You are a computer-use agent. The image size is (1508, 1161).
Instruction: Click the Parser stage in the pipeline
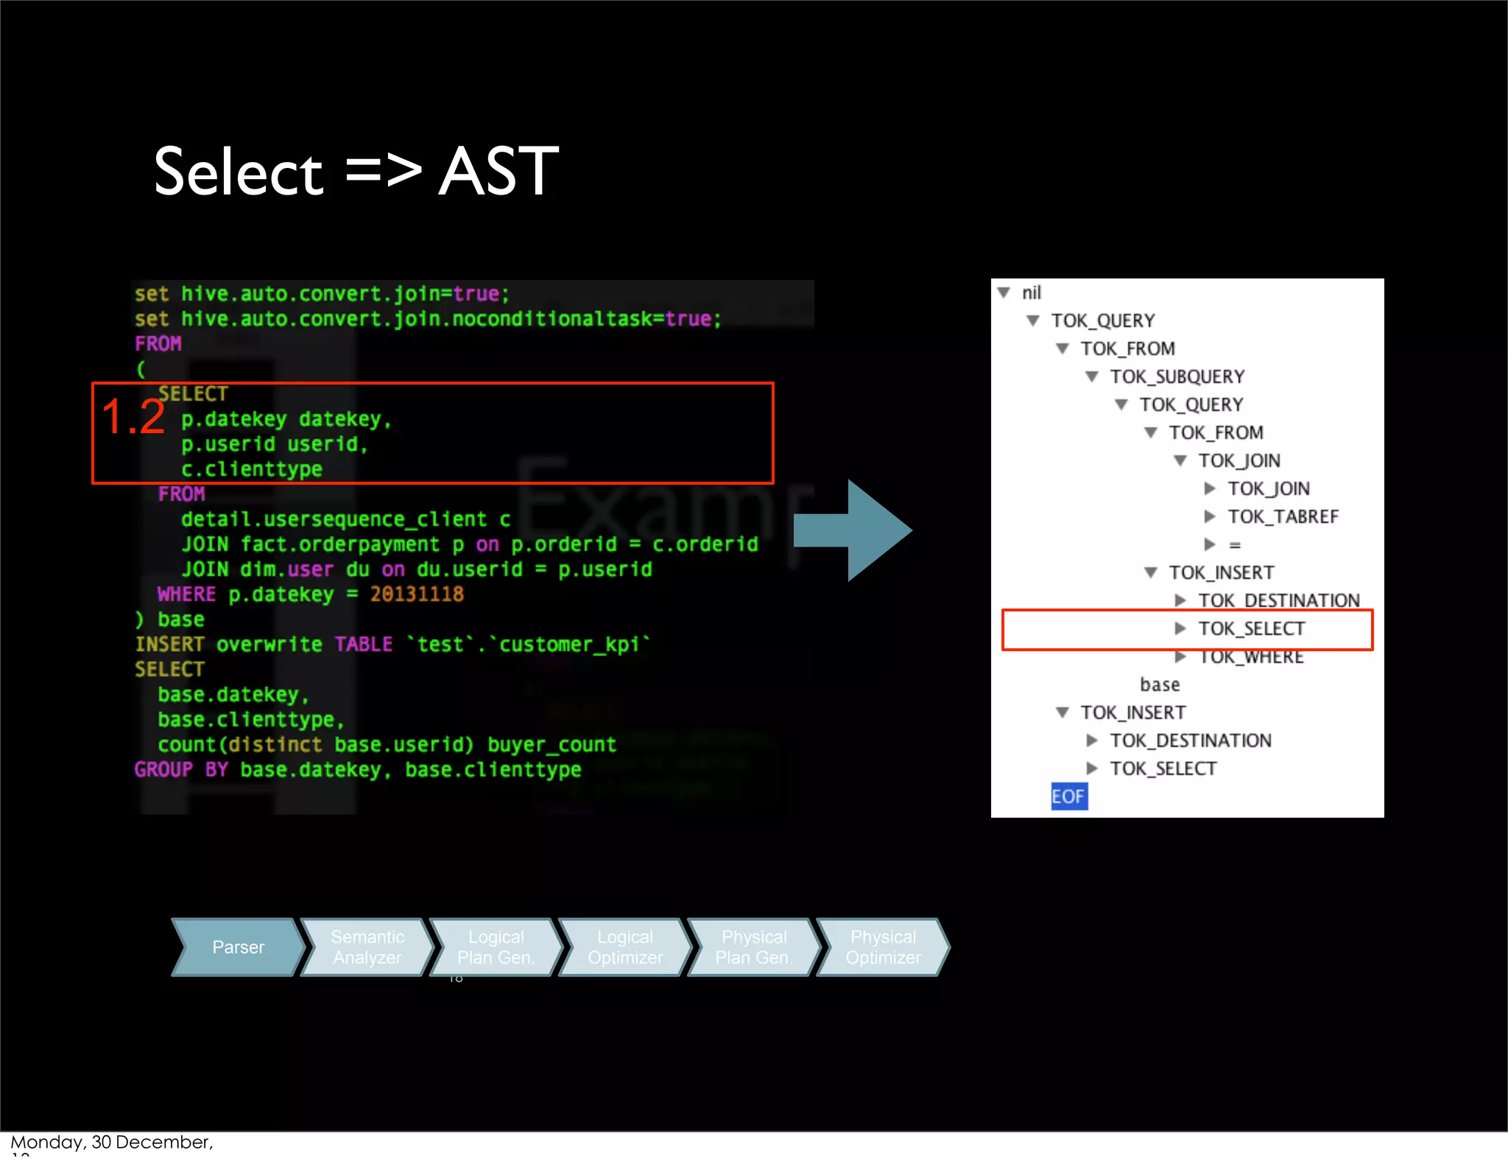coord(238,947)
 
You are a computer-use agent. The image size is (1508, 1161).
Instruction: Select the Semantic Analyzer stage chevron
coord(367,947)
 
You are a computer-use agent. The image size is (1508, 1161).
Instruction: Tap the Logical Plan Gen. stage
coord(496,947)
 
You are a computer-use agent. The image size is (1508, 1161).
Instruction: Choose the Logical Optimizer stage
coord(625,947)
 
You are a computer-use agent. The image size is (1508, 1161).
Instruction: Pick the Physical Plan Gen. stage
coord(754,947)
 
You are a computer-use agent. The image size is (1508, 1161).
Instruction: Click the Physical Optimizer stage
coord(883,947)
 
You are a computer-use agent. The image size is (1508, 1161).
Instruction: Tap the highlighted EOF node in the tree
coord(1068,796)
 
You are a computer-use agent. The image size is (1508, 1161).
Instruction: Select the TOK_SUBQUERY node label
coord(1177,377)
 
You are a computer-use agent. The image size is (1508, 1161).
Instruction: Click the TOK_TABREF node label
coord(1283,517)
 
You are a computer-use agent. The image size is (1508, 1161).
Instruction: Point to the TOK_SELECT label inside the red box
coord(1251,629)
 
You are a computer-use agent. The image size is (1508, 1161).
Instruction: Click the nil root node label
coord(1031,293)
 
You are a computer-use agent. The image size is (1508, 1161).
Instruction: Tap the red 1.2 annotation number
coord(133,417)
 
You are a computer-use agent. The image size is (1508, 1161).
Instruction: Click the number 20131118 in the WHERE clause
coord(417,594)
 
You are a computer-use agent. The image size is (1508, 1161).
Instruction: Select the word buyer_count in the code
coord(552,745)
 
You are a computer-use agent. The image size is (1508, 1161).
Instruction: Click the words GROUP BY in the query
coord(181,770)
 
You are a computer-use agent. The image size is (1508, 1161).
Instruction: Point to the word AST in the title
coord(498,172)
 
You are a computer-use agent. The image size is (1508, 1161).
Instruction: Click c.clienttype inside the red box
coord(252,469)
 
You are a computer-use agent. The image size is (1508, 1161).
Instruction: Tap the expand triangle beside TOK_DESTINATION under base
coord(1092,740)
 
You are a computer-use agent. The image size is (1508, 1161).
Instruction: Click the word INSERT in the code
coord(169,645)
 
